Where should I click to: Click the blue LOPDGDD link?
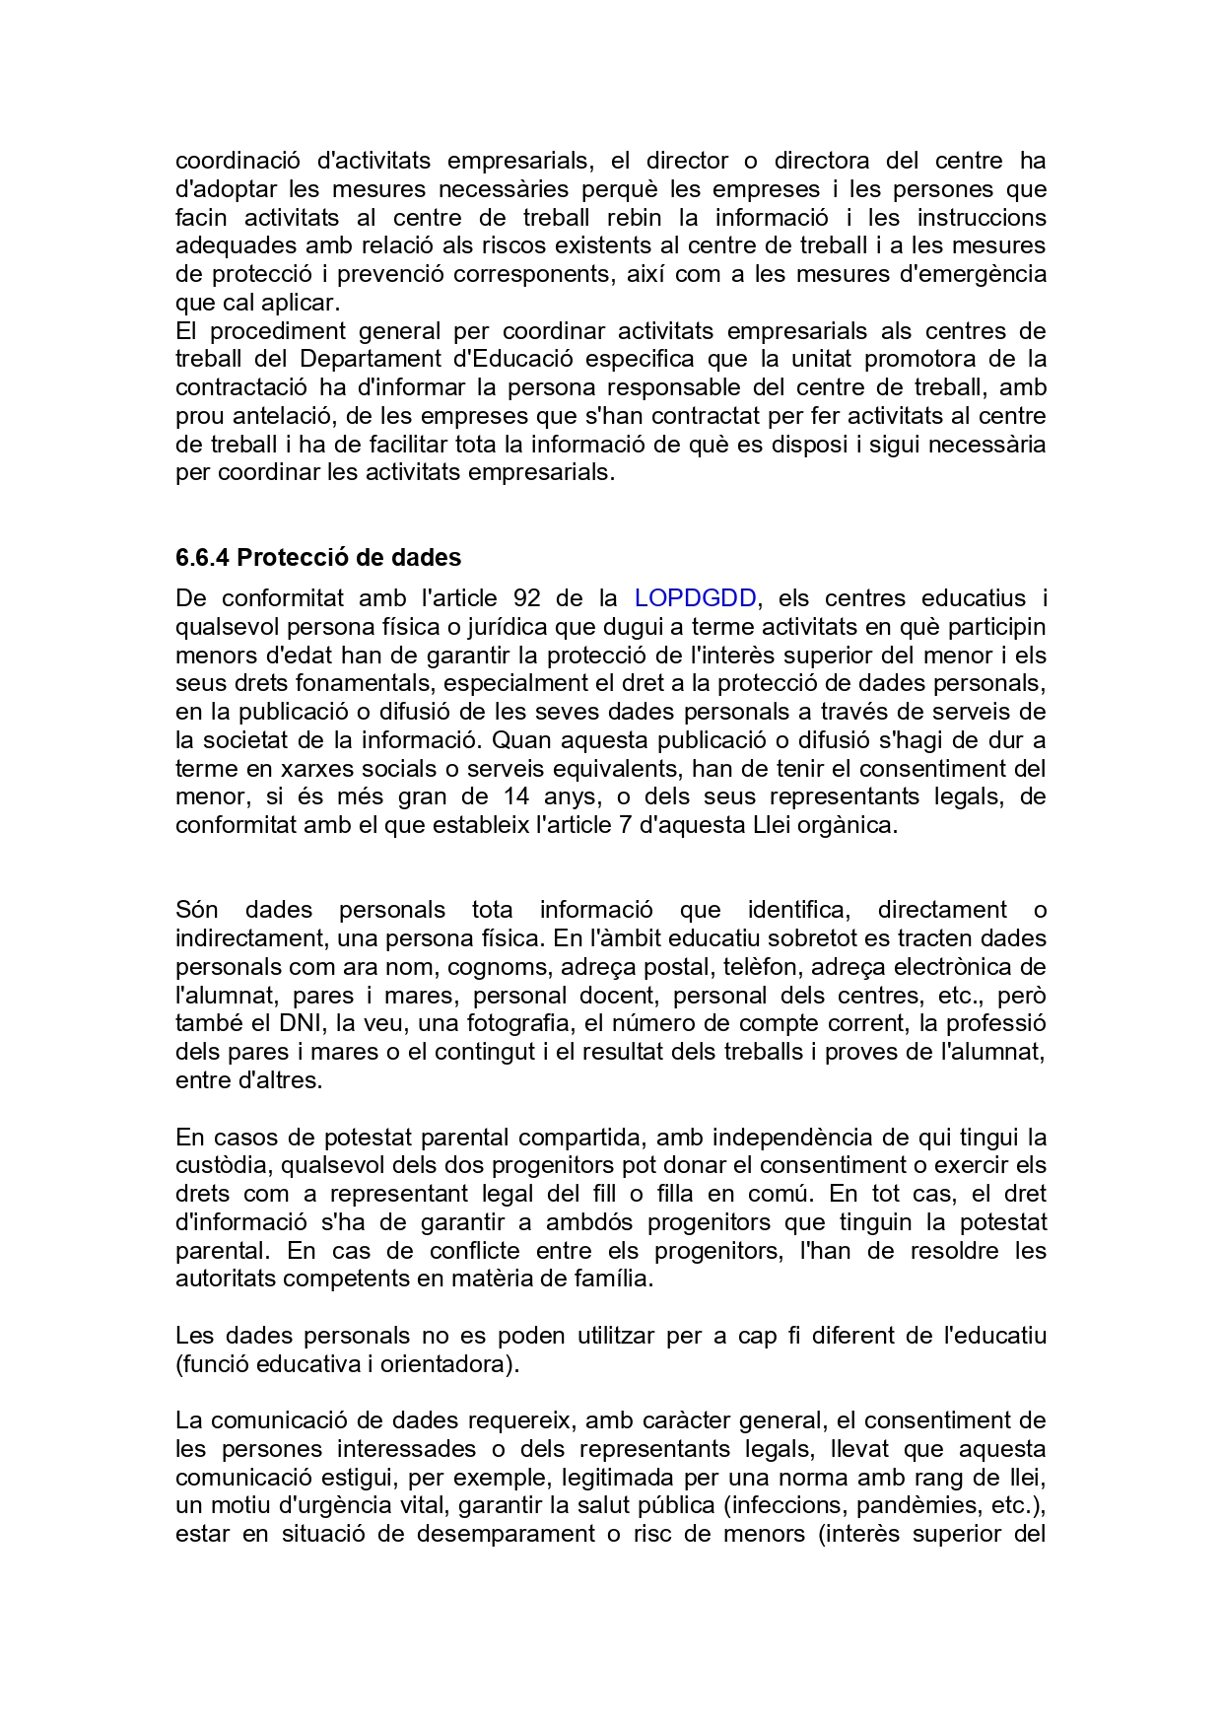coord(695,598)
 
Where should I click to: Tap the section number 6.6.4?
coord(202,558)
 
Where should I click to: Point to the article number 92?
coord(527,598)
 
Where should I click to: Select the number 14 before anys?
coord(516,796)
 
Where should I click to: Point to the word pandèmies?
coord(918,1506)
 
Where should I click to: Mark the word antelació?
coord(282,416)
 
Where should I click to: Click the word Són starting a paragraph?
coord(196,910)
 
